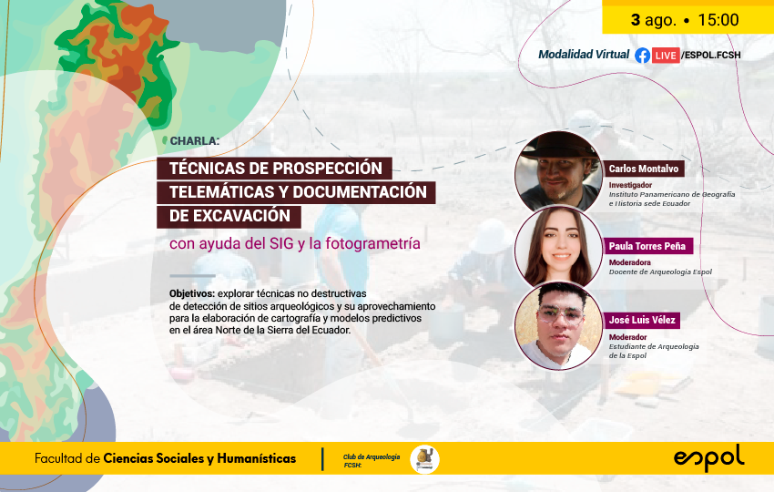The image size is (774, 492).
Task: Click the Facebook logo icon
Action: click(642, 56)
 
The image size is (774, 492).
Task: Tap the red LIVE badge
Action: click(666, 56)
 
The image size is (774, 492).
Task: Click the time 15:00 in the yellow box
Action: click(718, 20)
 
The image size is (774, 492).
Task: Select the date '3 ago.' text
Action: click(653, 20)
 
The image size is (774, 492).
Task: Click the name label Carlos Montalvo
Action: click(643, 169)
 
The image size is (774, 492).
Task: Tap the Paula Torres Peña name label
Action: click(647, 246)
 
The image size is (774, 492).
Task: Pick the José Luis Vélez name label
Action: click(642, 320)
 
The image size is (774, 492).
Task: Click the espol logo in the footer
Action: click(708, 458)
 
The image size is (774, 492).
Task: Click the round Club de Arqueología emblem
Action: click(424, 459)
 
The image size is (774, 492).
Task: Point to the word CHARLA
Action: click(194, 141)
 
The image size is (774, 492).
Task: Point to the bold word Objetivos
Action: click(192, 294)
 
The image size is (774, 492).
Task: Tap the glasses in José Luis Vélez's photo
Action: click(560, 317)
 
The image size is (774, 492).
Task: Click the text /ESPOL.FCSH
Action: click(711, 56)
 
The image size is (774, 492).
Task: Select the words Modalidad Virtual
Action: click(584, 55)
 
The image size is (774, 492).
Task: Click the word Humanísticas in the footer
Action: click(257, 458)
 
